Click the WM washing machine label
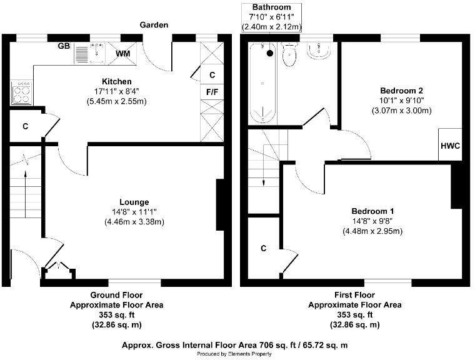124,54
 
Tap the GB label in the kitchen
63,46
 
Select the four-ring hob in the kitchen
22,92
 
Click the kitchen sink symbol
91,54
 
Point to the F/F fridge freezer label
212,91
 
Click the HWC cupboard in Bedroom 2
450,146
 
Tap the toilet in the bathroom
290,56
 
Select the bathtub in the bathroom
262,82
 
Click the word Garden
154,25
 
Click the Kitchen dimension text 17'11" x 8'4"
117,91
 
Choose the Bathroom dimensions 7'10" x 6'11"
272,17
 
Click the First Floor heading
354,295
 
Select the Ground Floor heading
116,295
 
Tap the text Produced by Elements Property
234,354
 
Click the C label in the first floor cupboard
264,248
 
